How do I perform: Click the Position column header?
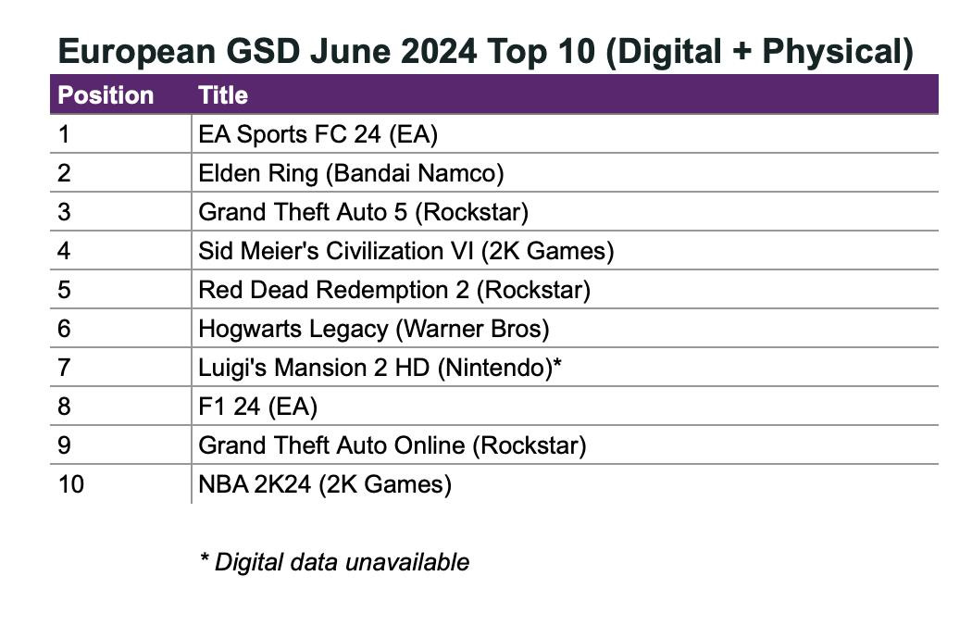click(106, 95)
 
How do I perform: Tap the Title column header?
click(223, 95)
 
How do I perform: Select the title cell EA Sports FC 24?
click(318, 134)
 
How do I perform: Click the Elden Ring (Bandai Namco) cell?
click(351, 173)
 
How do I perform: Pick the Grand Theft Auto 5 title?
click(363, 212)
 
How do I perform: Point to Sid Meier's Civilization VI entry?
click(406, 251)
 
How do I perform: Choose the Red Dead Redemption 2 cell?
click(394, 290)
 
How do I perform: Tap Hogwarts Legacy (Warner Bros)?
click(374, 329)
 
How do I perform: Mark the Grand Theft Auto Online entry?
click(393, 445)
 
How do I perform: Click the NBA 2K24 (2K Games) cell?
click(325, 484)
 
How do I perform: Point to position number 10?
click(70, 484)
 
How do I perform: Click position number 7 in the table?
click(64, 368)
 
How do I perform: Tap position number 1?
click(64, 134)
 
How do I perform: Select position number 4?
click(64, 251)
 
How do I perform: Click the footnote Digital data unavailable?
click(335, 561)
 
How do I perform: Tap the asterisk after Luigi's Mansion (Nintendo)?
click(557, 365)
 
